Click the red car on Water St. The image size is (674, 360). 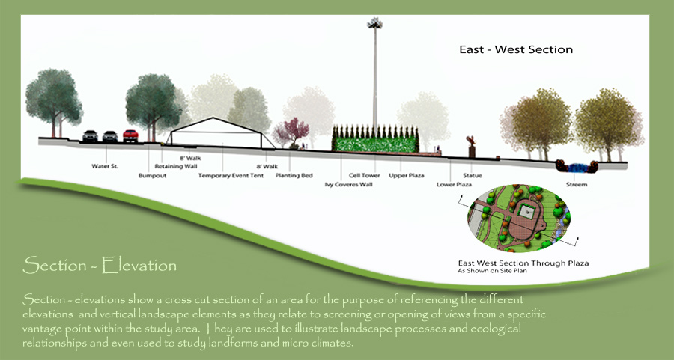(130, 135)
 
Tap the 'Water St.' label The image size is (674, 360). (105, 165)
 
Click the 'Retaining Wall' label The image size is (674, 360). (174, 166)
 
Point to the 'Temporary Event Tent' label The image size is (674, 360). (231, 176)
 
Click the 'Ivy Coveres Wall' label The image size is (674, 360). (348, 184)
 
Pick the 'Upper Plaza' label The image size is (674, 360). (407, 176)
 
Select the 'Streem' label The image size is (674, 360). (577, 184)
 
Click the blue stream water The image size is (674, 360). (577, 165)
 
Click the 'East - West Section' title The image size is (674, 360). (516, 50)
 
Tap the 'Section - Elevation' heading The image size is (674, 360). (100, 265)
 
